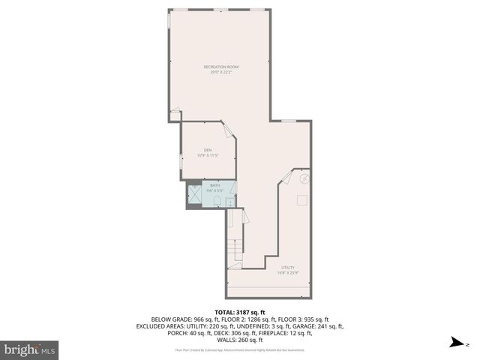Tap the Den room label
(x=207, y=153)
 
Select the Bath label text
(x=215, y=185)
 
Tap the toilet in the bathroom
(x=217, y=201)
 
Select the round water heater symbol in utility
(x=304, y=179)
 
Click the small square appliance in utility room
(x=301, y=200)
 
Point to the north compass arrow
(x=454, y=344)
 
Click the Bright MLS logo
(x=30, y=349)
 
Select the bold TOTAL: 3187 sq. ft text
(x=240, y=311)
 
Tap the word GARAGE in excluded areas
(x=308, y=326)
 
